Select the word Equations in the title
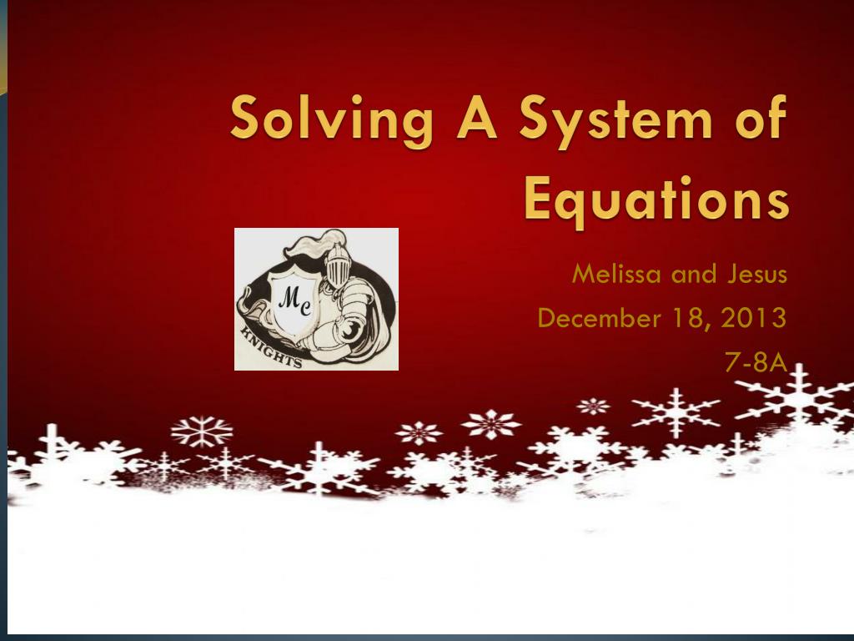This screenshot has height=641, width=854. [656, 200]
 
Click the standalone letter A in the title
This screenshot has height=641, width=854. [476, 115]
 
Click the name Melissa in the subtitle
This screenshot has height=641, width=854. [617, 274]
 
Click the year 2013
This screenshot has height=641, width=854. [754, 318]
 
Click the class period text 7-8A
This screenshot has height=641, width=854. [756, 361]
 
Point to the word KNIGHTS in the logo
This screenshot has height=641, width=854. [271, 346]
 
